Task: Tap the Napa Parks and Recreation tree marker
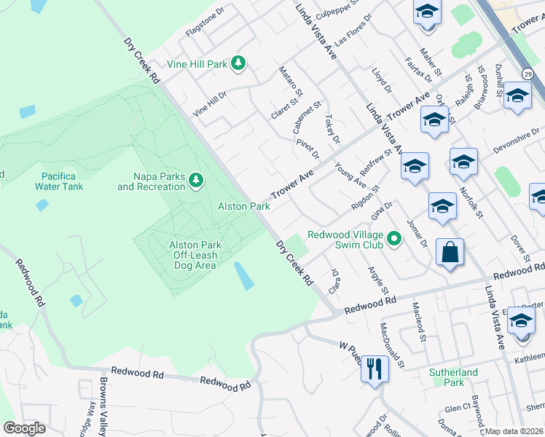pos(195,180)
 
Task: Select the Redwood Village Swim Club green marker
pos(394,238)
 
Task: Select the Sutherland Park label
pos(452,377)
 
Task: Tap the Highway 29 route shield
pos(527,73)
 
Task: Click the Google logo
pos(24,428)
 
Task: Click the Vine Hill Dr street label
pos(210,103)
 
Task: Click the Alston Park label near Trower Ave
pos(244,207)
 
